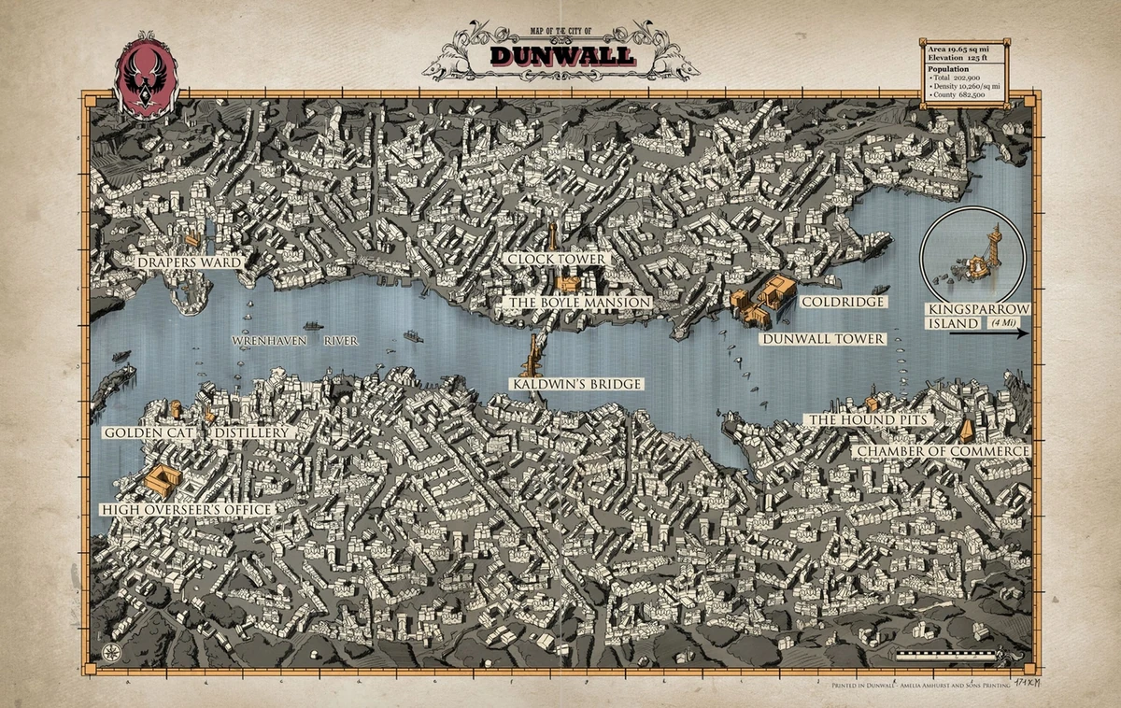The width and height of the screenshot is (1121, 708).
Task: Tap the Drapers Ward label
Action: tap(189, 262)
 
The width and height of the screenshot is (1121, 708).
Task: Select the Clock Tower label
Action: tap(557, 259)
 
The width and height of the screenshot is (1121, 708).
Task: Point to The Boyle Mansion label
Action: tap(577, 303)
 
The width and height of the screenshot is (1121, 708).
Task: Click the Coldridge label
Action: tap(842, 302)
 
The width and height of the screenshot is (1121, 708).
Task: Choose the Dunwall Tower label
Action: tap(822, 338)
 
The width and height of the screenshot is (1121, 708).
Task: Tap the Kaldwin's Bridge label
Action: tap(576, 384)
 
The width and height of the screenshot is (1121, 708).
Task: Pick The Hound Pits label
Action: tap(869, 420)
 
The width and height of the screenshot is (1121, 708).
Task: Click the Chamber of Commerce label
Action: tap(942, 451)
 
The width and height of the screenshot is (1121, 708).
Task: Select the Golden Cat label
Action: tap(148, 433)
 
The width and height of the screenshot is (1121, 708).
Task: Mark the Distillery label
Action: tap(252, 433)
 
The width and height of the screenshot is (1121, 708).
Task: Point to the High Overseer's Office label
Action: tap(186, 509)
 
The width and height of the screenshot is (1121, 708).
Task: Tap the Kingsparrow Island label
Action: tap(977, 316)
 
